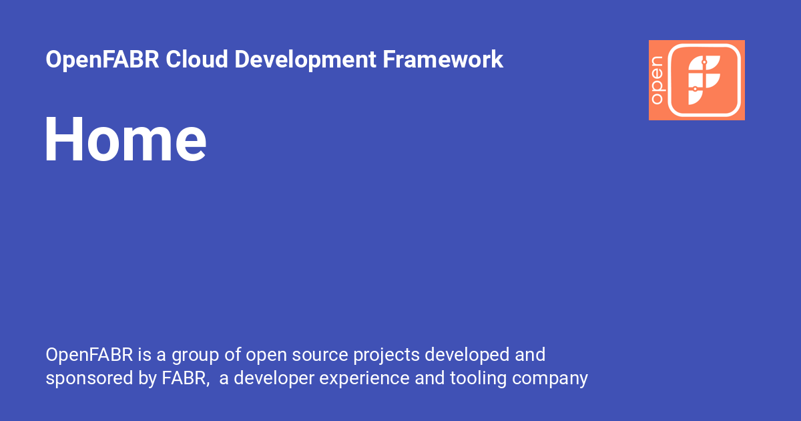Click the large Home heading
(125, 139)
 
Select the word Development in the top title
(306, 59)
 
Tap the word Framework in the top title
(443, 59)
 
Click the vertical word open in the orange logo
(657, 80)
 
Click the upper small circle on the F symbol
(704, 62)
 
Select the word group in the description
(200, 354)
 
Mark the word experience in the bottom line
(364, 378)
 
